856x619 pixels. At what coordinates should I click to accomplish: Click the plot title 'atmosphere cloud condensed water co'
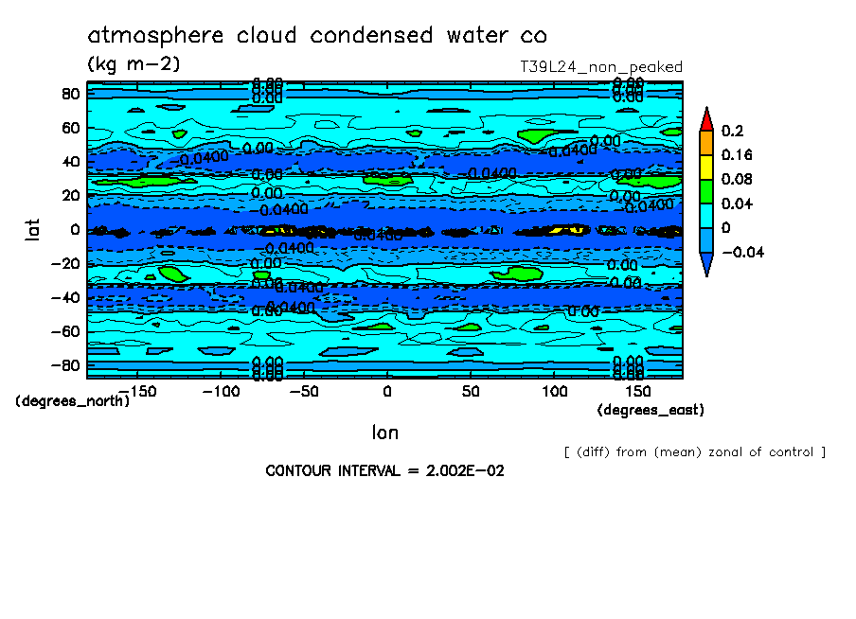[317, 36]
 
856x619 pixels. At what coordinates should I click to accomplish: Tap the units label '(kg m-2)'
[133, 64]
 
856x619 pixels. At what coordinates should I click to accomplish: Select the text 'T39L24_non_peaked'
[601, 67]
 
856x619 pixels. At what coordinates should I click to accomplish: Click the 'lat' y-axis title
[32, 228]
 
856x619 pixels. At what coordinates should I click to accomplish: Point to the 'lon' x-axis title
[384, 433]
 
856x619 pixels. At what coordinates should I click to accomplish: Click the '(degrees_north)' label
[73, 401]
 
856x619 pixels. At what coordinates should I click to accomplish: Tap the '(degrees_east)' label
[651, 410]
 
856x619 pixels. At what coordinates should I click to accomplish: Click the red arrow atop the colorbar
[706, 118]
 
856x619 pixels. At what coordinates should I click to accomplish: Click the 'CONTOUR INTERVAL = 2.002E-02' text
[384, 470]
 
